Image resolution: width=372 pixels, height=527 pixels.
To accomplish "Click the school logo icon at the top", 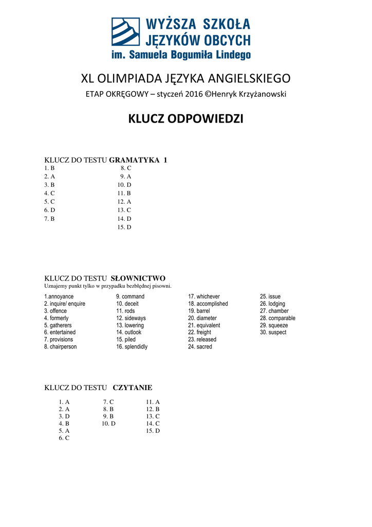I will click(x=125, y=32).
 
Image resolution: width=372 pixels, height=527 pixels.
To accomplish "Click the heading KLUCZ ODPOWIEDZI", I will click(x=185, y=119).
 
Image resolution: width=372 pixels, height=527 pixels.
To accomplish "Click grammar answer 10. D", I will click(x=124, y=185).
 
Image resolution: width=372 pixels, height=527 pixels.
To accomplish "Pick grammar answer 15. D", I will click(x=124, y=227).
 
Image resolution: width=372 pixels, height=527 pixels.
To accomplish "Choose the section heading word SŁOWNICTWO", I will click(x=138, y=278).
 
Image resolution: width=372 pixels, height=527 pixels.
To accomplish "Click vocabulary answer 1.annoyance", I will click(x=59, y=297).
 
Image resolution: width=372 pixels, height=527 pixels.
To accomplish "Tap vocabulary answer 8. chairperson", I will click(x=60, y=347).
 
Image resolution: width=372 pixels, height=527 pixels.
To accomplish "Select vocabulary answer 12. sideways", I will click(x=131, y=319).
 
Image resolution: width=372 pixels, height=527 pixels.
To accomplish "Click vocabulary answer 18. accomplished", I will click(x=208, y=304).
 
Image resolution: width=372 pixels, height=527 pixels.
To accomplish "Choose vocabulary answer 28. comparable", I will click(x=277, y=319).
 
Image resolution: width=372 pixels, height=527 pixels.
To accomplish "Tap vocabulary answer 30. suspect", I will click(x=273, y=332).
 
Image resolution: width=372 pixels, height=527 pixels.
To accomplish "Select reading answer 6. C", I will click(x=64, y=438).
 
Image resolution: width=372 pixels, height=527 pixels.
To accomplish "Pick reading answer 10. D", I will click(x=108, y=424).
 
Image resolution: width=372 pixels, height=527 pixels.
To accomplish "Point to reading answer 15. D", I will click(x=153, y=431).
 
